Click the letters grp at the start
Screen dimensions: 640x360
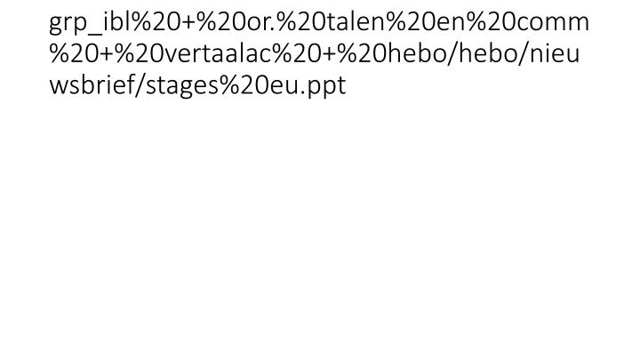coord(67,24)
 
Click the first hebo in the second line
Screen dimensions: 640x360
coord(416,52)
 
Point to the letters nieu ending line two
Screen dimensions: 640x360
coord(555,52)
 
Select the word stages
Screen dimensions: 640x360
coord(181,86)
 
